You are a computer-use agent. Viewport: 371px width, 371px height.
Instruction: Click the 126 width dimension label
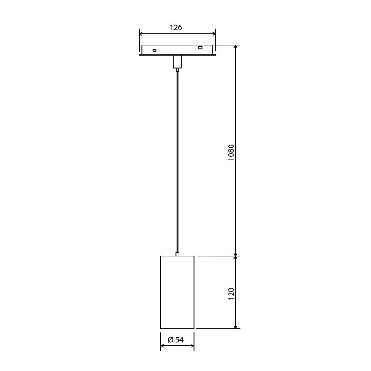coord(176,27)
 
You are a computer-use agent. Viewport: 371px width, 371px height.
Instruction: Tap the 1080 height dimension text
coord(231,152)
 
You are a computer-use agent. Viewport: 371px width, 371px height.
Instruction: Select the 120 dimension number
coord(231,293)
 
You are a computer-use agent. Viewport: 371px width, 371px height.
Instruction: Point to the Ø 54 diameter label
coord(176,340)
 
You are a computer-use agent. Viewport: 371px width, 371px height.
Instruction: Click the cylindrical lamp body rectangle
coord(177,292)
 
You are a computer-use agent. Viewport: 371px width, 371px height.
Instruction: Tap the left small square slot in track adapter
coord(154,50)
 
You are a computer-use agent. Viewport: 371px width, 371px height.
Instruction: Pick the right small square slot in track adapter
coord(200,48)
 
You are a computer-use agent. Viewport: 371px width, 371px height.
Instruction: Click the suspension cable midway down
coord(177,162)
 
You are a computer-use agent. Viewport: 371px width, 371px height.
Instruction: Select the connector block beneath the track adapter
coord(177,62)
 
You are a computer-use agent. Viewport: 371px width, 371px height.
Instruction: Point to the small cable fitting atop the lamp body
coord(177,254)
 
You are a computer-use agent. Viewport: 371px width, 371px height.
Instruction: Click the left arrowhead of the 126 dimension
coord(142,33)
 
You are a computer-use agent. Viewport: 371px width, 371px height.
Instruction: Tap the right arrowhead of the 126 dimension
coord(213,33)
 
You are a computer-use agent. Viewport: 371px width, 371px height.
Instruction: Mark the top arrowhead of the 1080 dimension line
coord(236,48)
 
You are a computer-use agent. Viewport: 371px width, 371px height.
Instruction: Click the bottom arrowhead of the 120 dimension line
coord(236,326)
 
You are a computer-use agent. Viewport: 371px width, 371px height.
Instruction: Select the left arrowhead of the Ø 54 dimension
coord(163,345)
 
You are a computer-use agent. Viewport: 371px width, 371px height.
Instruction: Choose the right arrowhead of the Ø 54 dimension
coord(192,345)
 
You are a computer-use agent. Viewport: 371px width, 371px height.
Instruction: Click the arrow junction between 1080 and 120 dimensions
coord(236,256)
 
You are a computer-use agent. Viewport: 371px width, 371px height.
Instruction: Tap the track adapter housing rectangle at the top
coord(177,49)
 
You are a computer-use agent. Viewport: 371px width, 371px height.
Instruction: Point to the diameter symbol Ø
coord(170,340)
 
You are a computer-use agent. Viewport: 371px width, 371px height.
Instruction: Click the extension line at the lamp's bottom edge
coord(218,329)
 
